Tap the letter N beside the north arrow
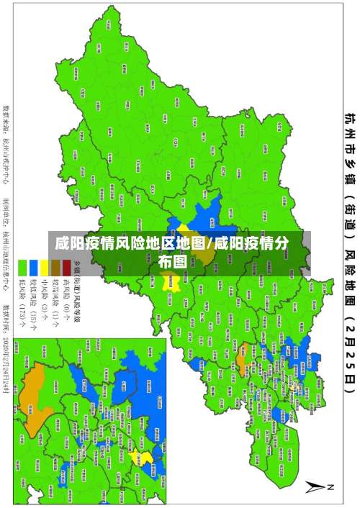[332, 487]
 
